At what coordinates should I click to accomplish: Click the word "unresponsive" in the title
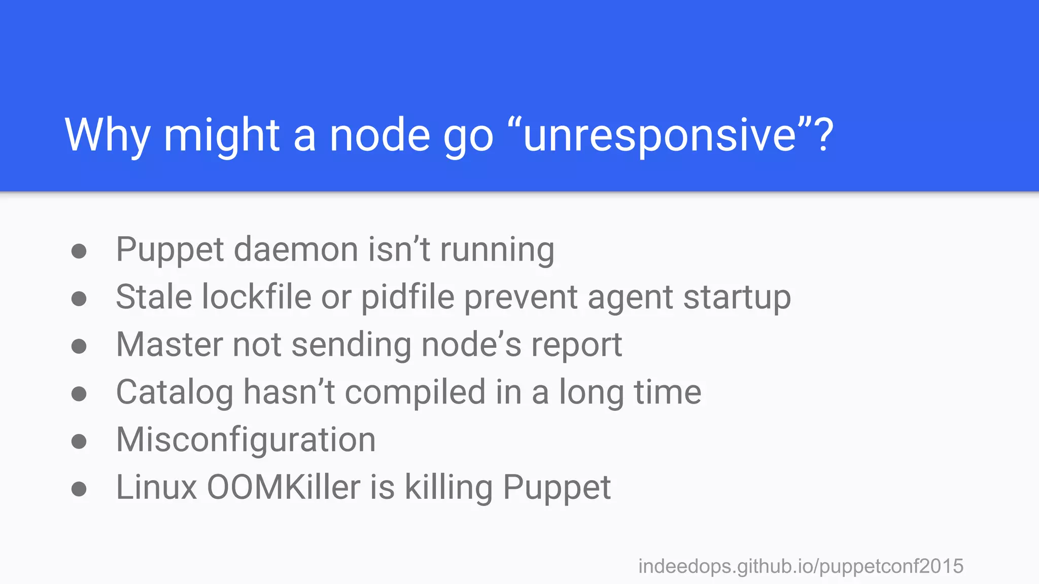point(660,135)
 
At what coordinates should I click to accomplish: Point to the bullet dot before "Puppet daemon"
point(79,251)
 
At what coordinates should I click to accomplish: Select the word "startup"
point(737,298)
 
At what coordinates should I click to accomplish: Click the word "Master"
point(169,345)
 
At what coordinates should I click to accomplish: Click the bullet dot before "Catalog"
point(79,394)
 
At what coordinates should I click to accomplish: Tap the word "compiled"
point(415,392)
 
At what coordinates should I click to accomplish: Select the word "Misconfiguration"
point(246,440)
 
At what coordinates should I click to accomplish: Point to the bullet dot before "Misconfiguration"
point(79,442)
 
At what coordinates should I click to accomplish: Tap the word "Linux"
point(156,488)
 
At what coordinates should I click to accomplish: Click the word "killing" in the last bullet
point(448,488)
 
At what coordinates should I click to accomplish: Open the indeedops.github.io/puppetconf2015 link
point(801,566)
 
